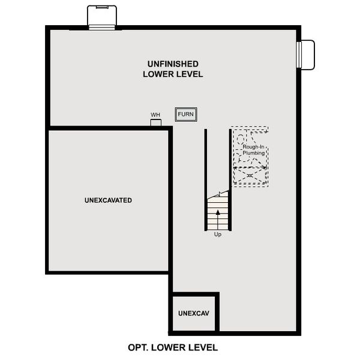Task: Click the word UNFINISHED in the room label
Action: pyautogui.click(x=173, y=64)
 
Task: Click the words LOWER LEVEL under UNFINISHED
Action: pyautogui.click(x=173, y=74)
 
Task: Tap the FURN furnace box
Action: pyautogui.click(x=186, y=114)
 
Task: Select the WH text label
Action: pyautogui.click(x=155, y=115)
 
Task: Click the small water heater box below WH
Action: pyautogui.click(x=156, y=122)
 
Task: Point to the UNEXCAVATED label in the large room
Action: pyautogui.click(x=109, y=200)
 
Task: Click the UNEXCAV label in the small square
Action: pyautogui.click(x=193, y=314)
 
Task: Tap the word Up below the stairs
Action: pyautogui.click(x=218, y=235)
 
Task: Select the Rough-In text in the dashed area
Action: pyautogui.click(x=254, y=147)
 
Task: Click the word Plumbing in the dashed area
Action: pyautogui.click(x=254, y=154)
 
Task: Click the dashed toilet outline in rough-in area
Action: pyautogui.click(x=242, y=144)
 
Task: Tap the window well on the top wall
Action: pyautogui.click(x=102, y=17)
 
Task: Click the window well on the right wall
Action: pyautogui.click(x=306, y=55)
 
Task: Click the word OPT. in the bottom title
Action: pyautogui.click(x=139, y=347)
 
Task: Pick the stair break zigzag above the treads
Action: pyautogui.click(x=220, y=194)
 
